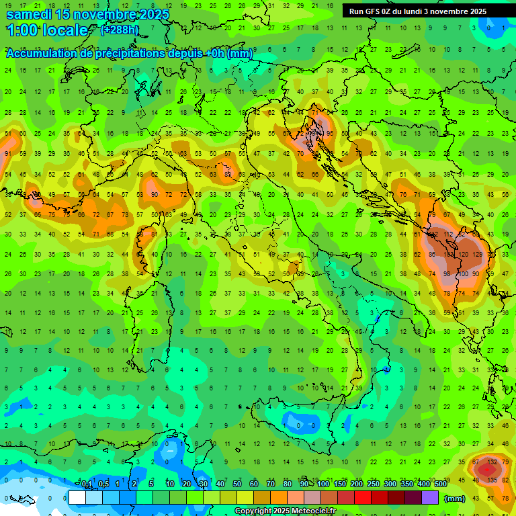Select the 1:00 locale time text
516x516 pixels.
pyautogui.click(x=47, y=30)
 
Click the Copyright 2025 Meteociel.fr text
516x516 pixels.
pyautogui.click(x=285, y=511)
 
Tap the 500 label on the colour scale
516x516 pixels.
pyautogui.click(x=440, y=484)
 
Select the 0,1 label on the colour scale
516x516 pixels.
pyautogui.click(x=86, y=484)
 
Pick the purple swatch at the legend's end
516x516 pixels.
pyautogui.click(x=431, y=497)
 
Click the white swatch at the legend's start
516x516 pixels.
pyautogui.click(x=77, y=497)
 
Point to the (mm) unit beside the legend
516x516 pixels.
pyautogui.click(x=455, y=499)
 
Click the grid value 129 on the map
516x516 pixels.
pyautogui.click(x=478, y=255)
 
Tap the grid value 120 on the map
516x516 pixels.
pyautogui.click(x=463, y=255)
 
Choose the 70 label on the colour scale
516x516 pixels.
pyautogui.click(x=271, y=484)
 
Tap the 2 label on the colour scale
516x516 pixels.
pyautogui.click(x=135, y=484)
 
